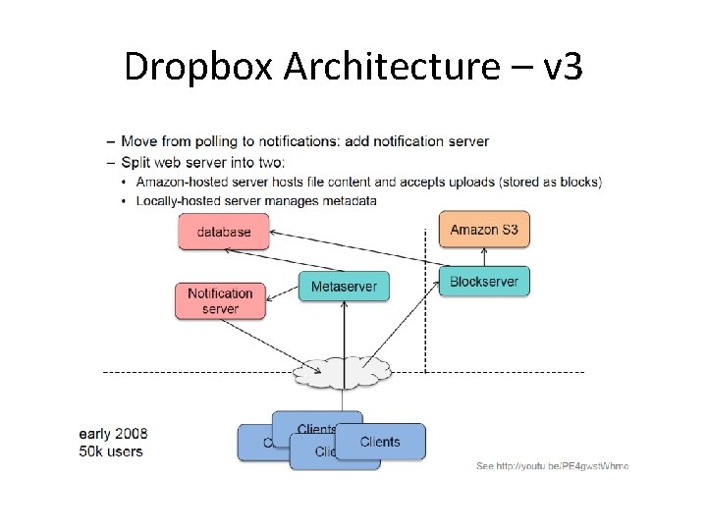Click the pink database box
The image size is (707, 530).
tap(223, 233)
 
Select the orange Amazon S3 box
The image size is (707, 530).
tap(484, 230)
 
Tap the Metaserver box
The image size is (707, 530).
tap(344, 287)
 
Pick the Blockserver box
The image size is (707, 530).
tap(484, 282)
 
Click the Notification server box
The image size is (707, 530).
tap(220, 300)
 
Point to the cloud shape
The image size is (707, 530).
tap(342, 370)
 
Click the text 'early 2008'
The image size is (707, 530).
tap(113, 433)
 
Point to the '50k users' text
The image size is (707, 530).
tap(111, 451)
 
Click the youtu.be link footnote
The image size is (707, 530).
tap(552, 465)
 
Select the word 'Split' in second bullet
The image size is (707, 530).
tap(137, 161)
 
